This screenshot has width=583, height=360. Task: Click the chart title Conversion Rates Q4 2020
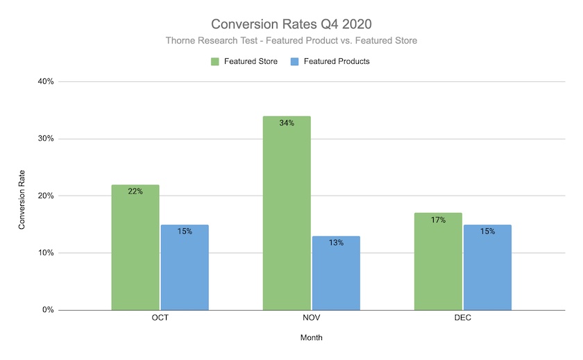pyautogui.click(x=291, y=24)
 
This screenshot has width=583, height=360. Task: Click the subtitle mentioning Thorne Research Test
pyautogui.click(x=291, y=41)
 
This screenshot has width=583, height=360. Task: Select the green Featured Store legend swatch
pyautogui.click(x=215, y=62)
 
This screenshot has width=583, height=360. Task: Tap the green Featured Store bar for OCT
pyautogui.click(x=135, y=250)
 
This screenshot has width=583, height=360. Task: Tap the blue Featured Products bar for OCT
pyautogui.click(x=185, y=271)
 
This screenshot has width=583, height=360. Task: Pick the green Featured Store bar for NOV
pyautogui.click(x=287, y=215)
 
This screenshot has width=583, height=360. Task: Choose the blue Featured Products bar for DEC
pyautogui.click(x=487, y=271)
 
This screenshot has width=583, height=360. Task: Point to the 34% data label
pyautogui.click(x=287, y=123)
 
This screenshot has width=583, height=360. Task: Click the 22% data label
pyautogui.click(x=135, y=191)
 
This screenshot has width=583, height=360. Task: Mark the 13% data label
pyautogui.click(x=336, y=243)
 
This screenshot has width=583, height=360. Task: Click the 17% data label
pyautogui.click(x=438, y=220)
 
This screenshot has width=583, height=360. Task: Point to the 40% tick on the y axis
pyautogui.click(x=46, y=82)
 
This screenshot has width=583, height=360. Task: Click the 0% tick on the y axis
pyautogui.click(x=48, y=310)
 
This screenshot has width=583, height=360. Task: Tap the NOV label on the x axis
pyautogui.click(x=311, y=319)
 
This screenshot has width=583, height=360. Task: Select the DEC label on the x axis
pyautogui.click(x=462, y=319)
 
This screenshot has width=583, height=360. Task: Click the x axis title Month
pyautogui.click(x=311, y=338)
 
